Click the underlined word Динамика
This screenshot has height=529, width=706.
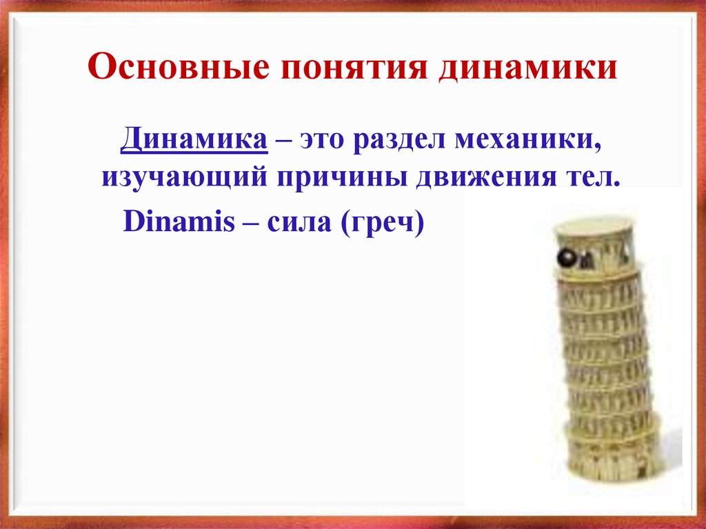(x=194, y=141)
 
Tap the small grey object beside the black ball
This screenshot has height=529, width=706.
(x=586, y=261)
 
